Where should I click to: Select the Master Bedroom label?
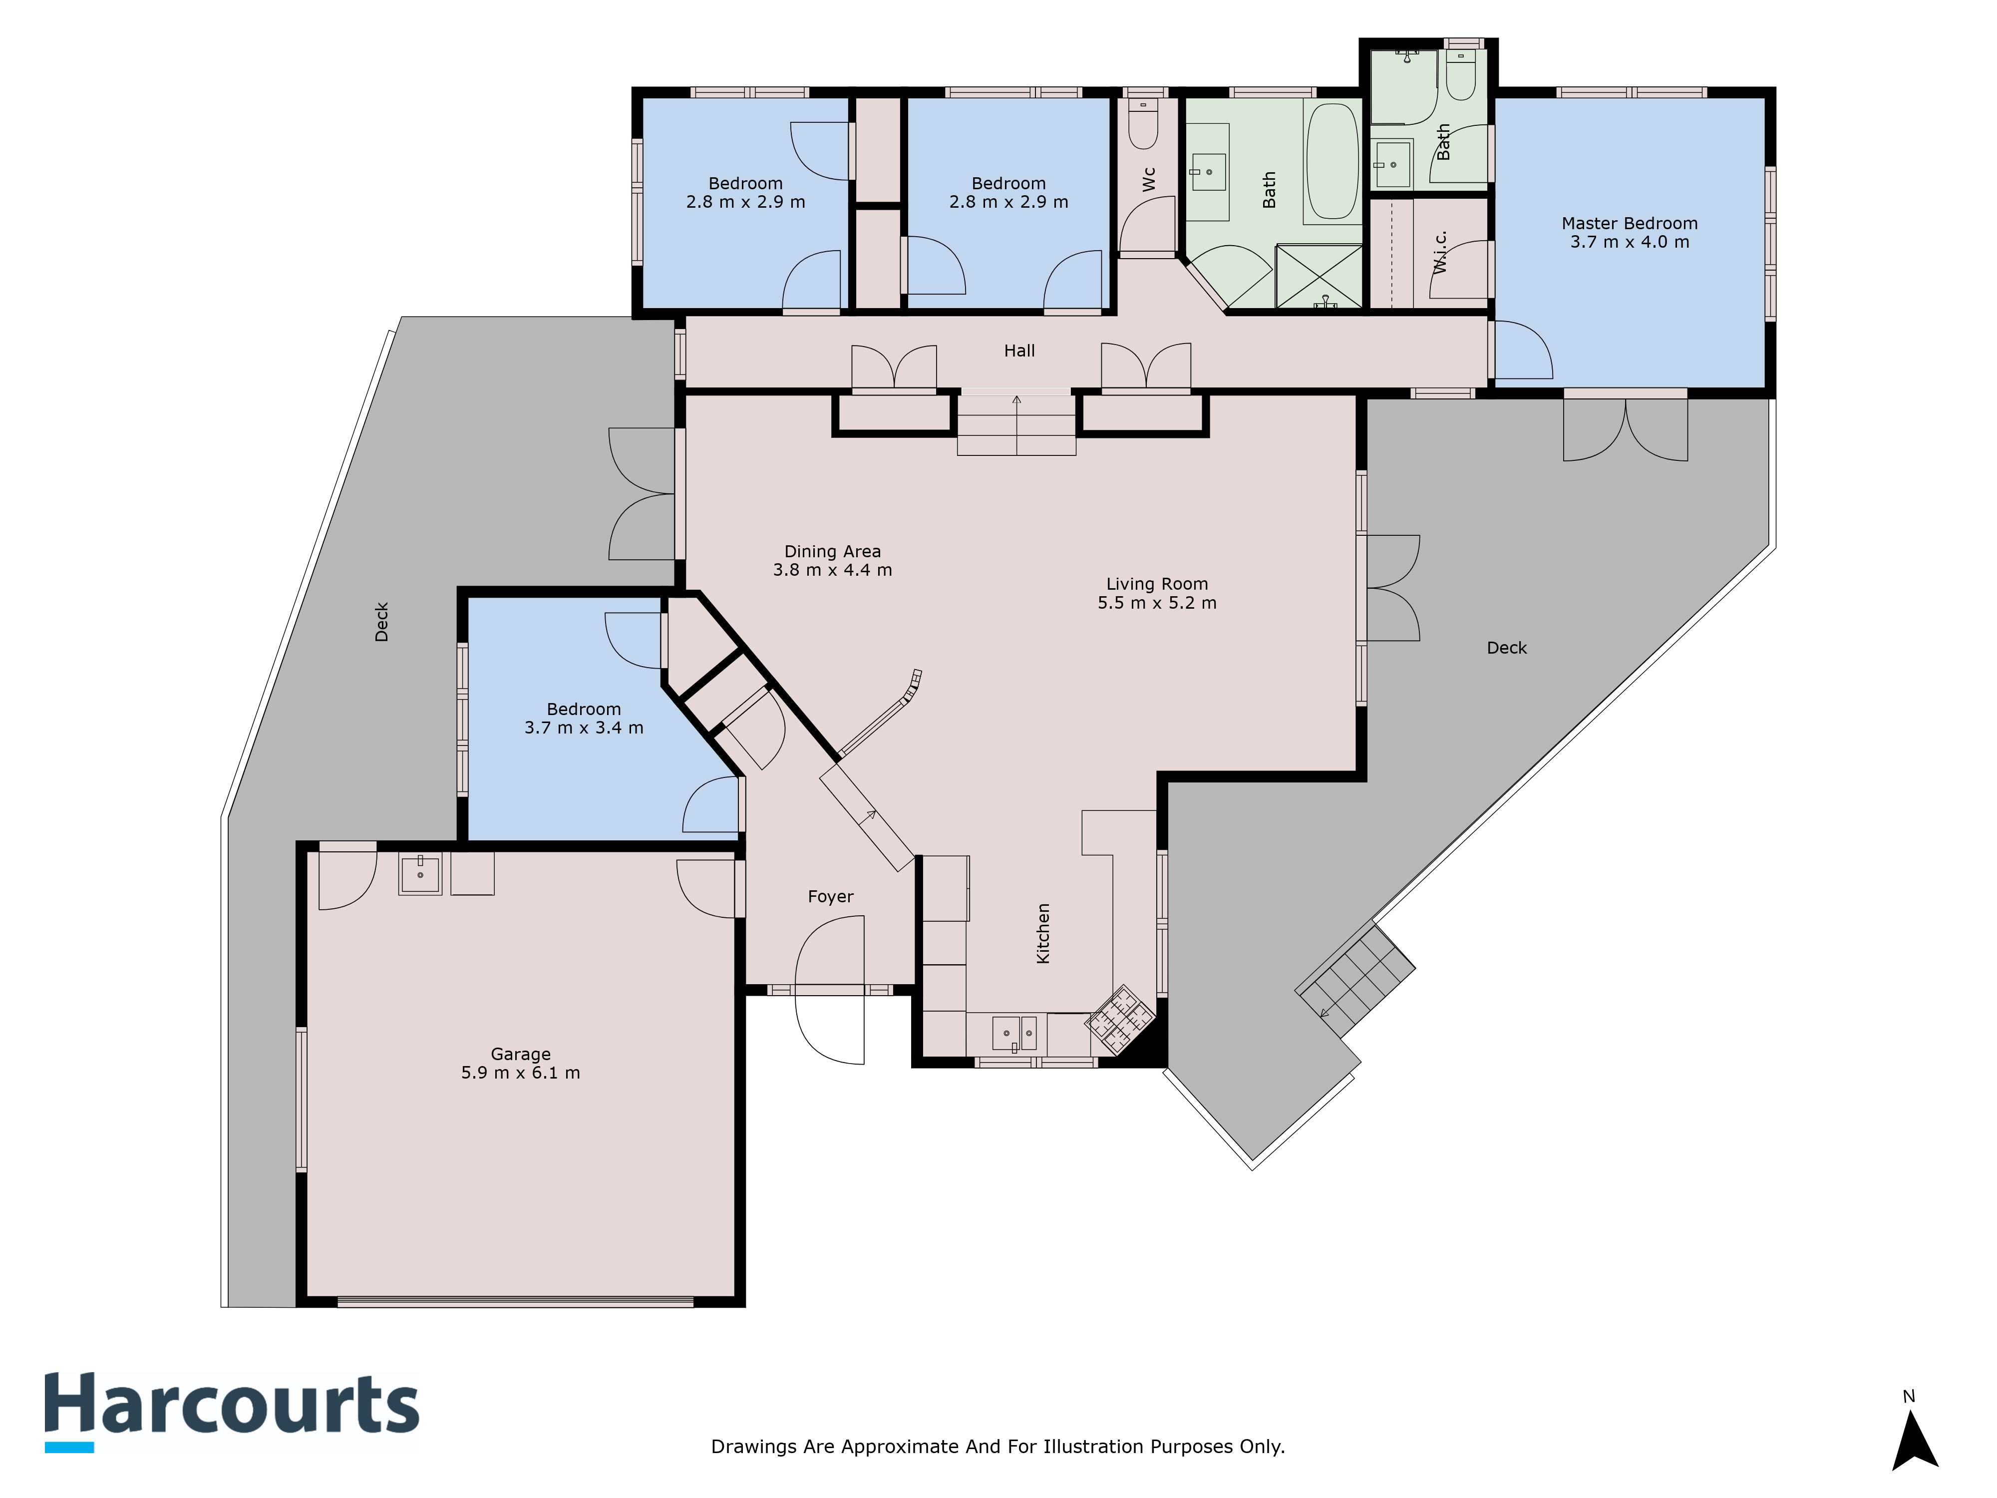tap(1630, 223)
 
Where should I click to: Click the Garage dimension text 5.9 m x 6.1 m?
tap(521, 1073)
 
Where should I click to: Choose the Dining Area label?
tap(832, 552)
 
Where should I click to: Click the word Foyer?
tap(831, 897)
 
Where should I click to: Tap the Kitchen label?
tap(1043, 934)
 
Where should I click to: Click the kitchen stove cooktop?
tap(1119, 1020)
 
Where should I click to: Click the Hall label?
tap(1019, 351)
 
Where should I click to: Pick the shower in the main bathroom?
tap(1319, 276)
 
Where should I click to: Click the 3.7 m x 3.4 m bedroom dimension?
tap(584, 728)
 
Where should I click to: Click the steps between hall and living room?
tap(1016, 424)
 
